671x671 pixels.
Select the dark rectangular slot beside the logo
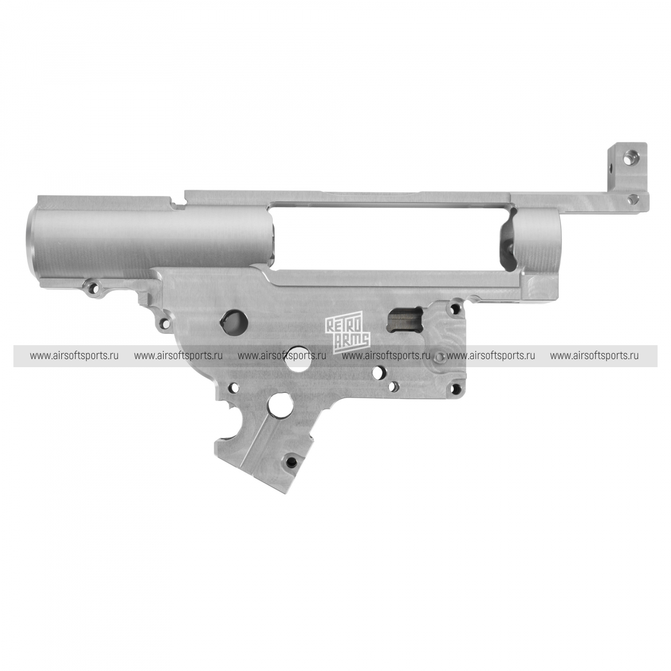pos(406,318)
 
